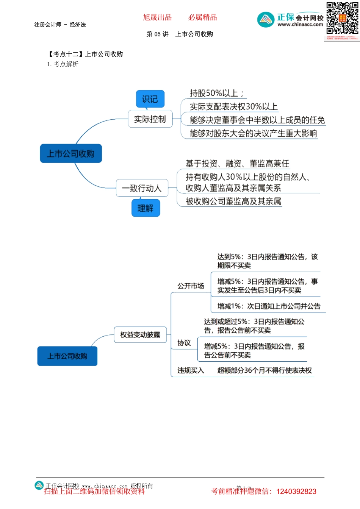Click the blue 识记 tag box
(x=150, y=99)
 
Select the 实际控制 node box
(x=150, y=119)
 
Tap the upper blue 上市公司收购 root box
(x=71, y=153)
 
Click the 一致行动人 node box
(x=142, y=188)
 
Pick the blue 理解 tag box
(x=146, y=208)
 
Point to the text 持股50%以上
(x=216, y=93)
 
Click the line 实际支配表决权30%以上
(x=233, y=107)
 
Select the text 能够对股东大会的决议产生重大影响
(x=253, y=133)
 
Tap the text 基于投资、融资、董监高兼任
(x=237, y=164)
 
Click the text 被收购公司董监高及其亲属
(x=233, y=201)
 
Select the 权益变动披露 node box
(x=140, y=335)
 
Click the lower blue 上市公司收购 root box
(x=67, y=356)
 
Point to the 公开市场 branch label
(x=191, y=286)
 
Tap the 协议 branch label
(x=184, y=343)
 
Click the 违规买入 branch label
(x=191, y=370)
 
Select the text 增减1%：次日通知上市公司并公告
(x=269, y=306)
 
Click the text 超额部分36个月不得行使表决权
(x=265, y=370)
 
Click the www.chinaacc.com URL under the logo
(x=300, y=25)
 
